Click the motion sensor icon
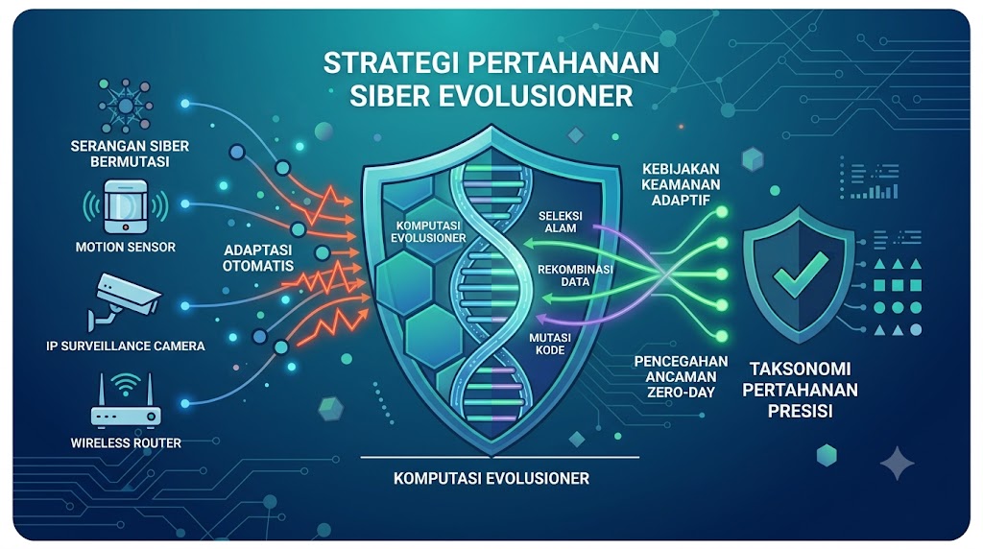[126, 206]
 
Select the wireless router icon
[126, 400]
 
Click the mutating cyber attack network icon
[126, 105]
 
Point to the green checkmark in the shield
[801, 274]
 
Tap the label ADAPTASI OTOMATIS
[258, 257]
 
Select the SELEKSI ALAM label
[561, 222]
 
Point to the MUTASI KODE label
[550, 344]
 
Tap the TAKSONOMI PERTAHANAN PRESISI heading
[800, 389]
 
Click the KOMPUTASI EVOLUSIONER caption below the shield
[491, 478]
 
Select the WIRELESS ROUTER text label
[126, 443]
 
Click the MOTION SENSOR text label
[126, 247]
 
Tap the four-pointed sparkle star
[898, 463]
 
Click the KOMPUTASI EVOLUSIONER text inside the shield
[428, 231]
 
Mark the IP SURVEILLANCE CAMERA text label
[126, 346]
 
